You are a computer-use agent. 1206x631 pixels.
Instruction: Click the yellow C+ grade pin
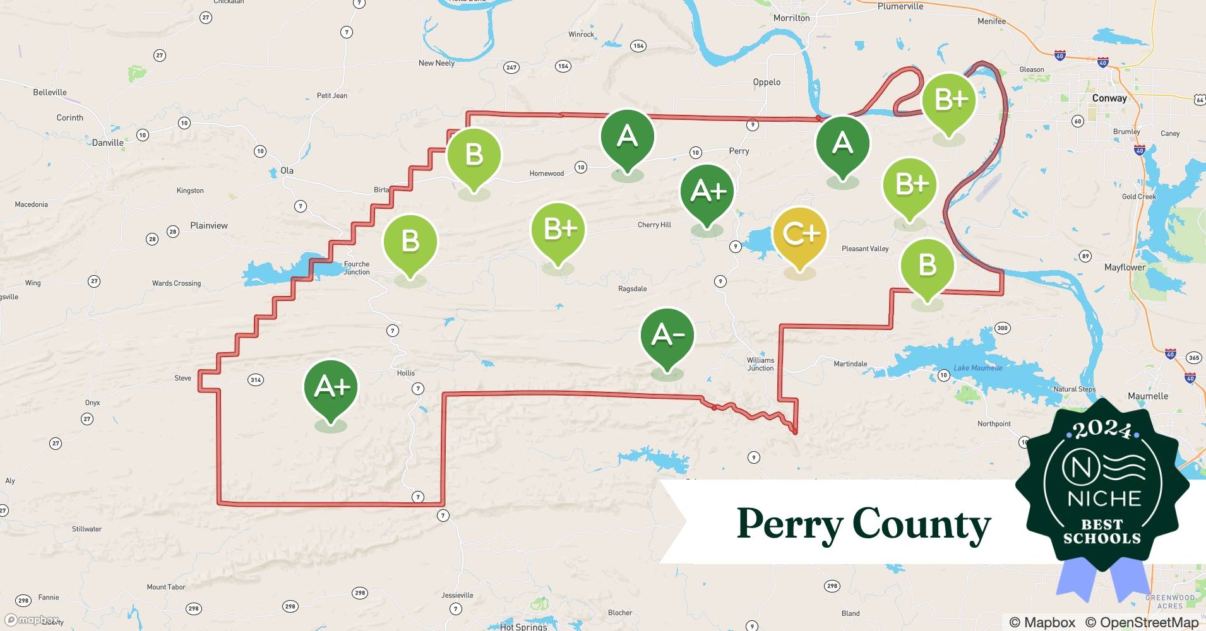point(800,235)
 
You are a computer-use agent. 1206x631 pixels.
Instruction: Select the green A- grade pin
point(667,336)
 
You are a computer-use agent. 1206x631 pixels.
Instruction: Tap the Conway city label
point(1109,98)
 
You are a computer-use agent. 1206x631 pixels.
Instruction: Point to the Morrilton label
point(791,18)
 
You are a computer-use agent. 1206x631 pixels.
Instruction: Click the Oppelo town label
point(767,82)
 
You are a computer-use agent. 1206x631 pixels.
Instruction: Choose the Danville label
point(108,143)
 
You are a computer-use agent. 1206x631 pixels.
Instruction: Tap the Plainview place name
point(209,225)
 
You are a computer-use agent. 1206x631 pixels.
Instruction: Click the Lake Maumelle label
point(977,368)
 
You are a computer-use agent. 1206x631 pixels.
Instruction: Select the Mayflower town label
point(1125,268)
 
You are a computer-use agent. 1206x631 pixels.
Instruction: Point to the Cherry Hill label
point(654,225)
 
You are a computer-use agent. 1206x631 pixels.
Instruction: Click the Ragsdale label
point(632,289)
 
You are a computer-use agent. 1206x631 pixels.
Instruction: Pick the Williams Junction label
point(760,364)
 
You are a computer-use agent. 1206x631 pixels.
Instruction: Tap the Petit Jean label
point(331,96)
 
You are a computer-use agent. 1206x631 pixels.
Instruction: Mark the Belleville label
point(50,92)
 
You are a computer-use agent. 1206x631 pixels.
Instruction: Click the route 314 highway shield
point(256,380)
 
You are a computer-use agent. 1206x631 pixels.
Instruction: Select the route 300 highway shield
point(1002,328)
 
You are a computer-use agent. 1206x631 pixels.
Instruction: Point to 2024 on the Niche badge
point(1102,430)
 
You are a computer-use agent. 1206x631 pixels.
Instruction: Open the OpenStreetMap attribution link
point(1142,622)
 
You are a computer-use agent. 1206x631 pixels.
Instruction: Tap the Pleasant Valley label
point(865,249)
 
